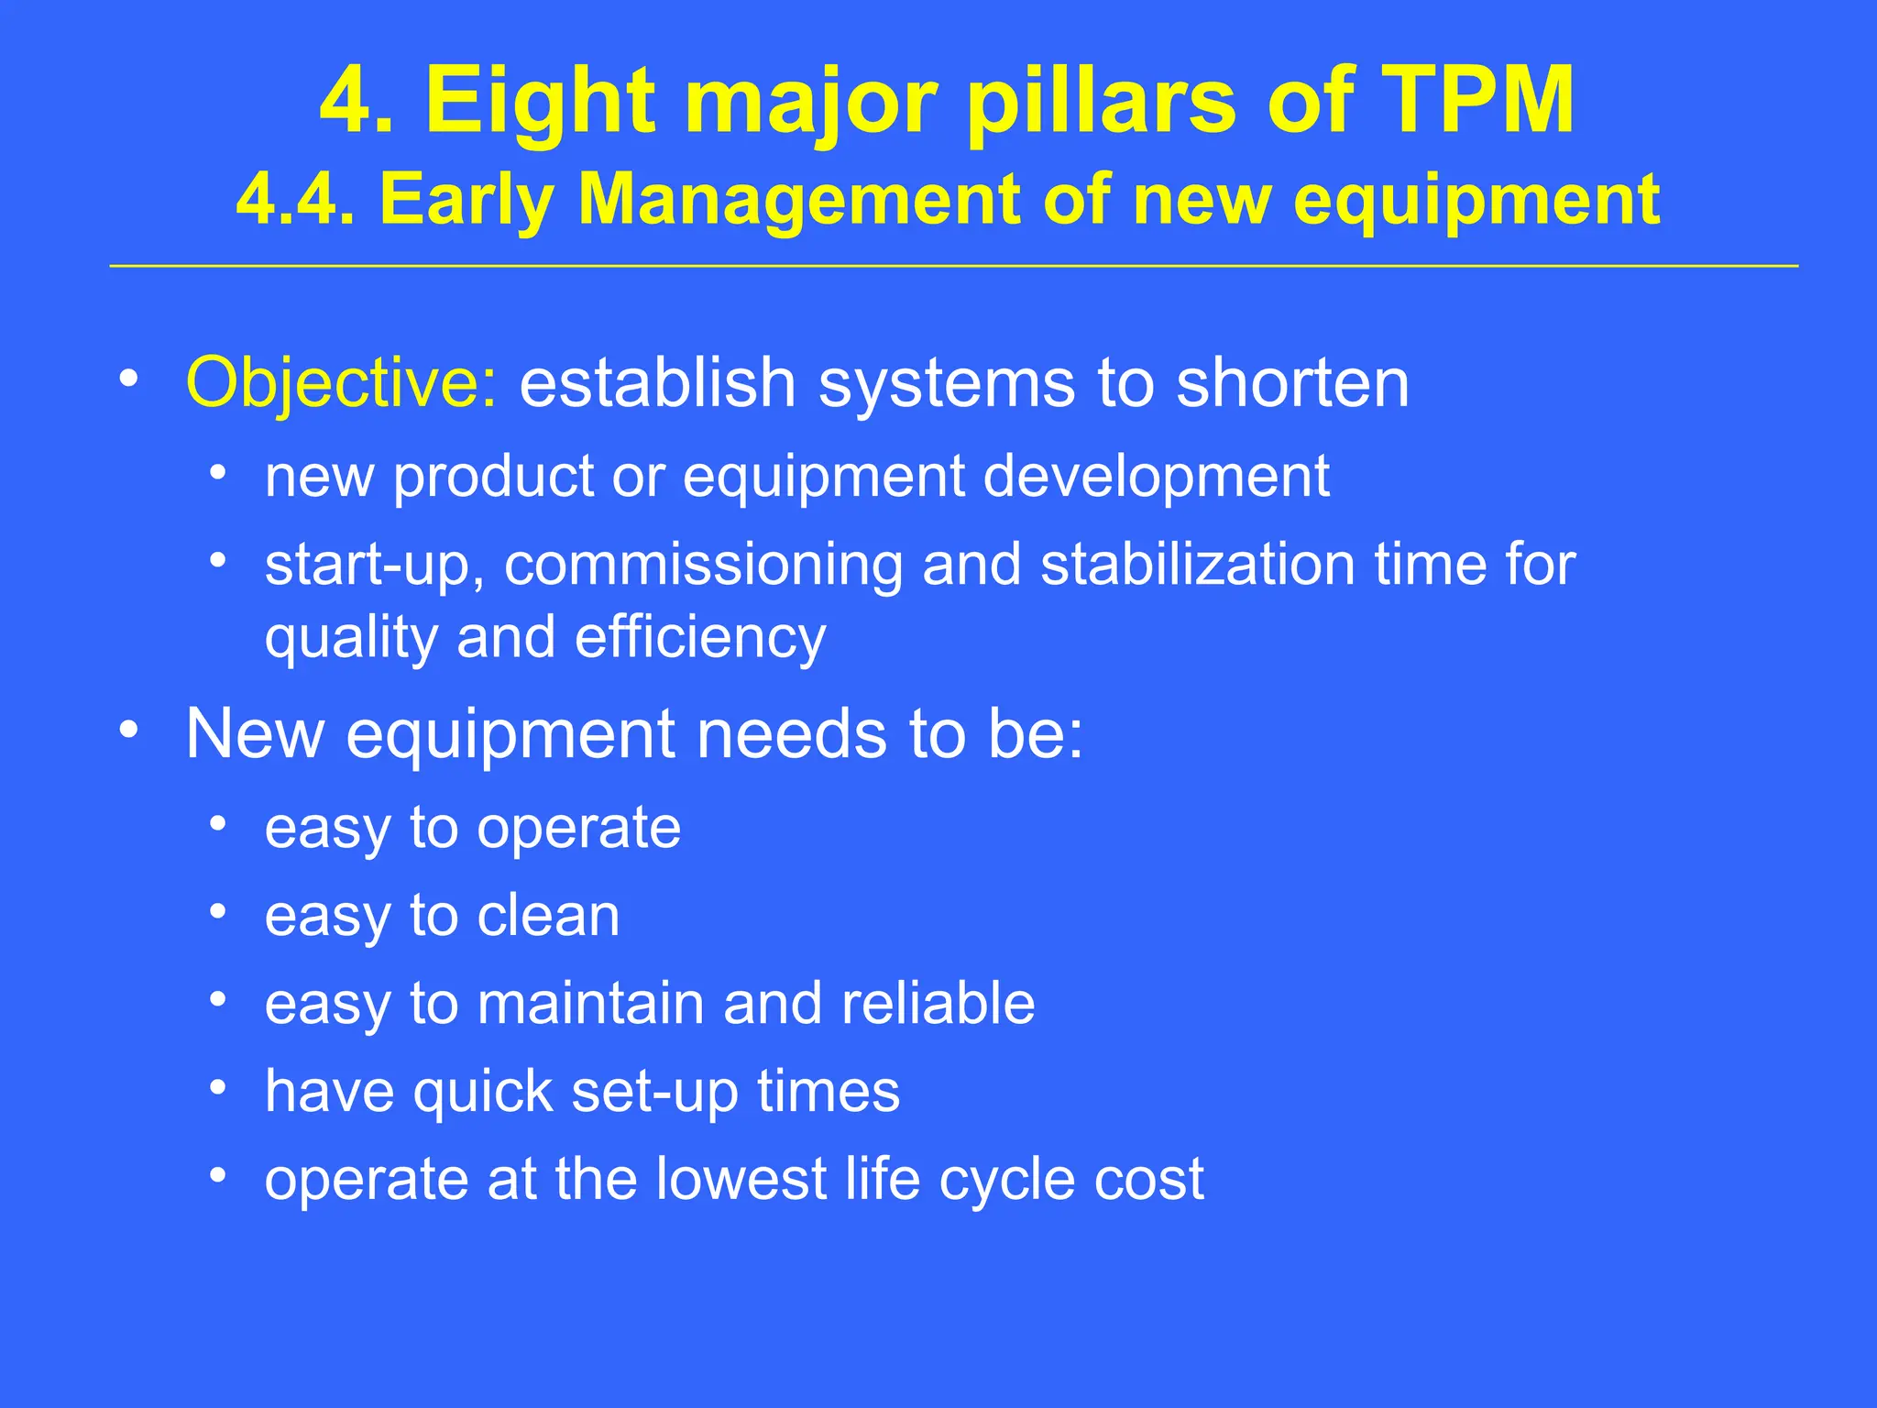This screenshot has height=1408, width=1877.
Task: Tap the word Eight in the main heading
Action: (541, 103)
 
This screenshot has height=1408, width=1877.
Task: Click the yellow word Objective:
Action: (342, 382)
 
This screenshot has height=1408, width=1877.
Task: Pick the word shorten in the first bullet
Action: (1292, 382)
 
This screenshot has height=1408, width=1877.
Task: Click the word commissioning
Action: (703, 565)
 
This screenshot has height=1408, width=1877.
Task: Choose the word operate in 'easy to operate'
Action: (578, 829)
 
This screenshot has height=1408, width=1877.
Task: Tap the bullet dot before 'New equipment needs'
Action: (129, 731)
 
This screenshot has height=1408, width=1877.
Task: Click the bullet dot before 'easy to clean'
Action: (217, 912)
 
